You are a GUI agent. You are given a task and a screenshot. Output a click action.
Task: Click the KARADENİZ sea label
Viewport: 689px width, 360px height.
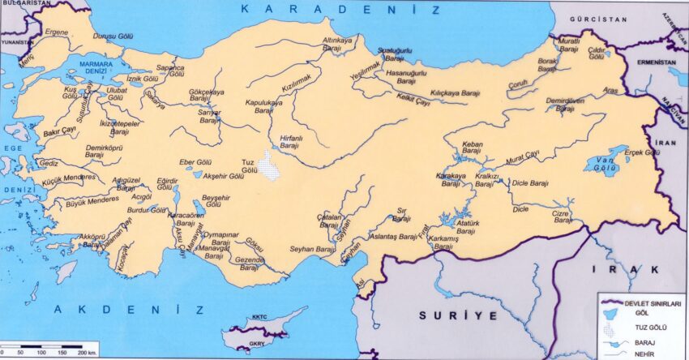340,11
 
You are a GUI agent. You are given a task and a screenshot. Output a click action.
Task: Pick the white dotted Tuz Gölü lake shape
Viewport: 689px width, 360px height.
270,169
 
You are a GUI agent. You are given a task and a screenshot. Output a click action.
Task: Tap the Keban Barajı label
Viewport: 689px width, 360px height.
471,148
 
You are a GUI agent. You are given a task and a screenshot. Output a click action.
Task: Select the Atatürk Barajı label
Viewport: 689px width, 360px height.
469,225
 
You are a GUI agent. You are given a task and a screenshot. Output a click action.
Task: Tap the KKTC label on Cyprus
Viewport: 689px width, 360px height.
259,317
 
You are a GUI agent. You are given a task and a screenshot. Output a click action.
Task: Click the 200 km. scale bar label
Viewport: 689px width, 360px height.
84,353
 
